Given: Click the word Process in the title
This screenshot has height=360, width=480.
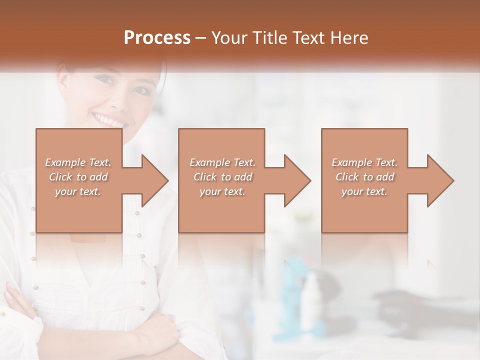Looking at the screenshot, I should point(157,38).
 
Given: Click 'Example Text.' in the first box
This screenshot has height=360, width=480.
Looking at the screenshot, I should point(78,162).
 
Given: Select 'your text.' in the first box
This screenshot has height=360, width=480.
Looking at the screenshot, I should point(78,191).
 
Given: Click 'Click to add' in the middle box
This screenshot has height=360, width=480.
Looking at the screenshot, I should point(222,177).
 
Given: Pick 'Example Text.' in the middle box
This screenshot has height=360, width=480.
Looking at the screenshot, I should point(222,162).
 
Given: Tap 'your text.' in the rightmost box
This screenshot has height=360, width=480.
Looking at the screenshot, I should point(364,191).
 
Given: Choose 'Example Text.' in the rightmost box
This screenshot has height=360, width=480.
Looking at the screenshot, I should point(364,162).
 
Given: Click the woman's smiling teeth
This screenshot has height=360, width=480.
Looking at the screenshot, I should point(109,120).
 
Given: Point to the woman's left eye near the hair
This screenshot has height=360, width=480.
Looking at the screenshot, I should point(141,90).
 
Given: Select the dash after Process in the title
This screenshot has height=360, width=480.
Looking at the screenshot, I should point(201,38).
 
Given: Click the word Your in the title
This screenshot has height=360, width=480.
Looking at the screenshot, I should point(228,38).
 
